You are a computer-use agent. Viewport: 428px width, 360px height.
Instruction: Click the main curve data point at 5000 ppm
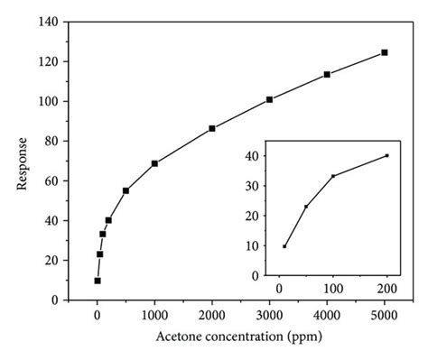[385, 52]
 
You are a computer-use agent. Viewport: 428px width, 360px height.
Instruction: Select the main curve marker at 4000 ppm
[327, 74]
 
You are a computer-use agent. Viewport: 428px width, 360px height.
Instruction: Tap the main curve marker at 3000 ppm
[270, 99]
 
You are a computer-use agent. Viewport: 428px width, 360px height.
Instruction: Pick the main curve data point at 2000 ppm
[212, 128]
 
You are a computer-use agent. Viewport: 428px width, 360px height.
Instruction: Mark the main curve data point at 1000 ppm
[154, 163]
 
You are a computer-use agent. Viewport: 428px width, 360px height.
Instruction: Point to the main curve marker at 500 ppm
[126, 190]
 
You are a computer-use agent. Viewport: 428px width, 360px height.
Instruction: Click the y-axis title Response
[23, 165]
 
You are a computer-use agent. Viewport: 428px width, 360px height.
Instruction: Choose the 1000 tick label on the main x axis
[154, 315]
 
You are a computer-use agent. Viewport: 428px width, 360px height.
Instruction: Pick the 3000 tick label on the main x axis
[270, 315]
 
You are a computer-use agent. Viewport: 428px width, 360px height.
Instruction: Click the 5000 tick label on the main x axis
[385, 315]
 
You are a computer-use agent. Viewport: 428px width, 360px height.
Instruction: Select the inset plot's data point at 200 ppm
[386, 155]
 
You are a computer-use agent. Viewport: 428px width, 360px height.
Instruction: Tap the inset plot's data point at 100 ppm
[333, 175]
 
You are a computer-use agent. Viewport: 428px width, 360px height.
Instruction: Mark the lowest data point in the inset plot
[284, 246]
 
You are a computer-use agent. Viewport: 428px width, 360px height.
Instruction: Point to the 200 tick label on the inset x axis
[386, 288]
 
